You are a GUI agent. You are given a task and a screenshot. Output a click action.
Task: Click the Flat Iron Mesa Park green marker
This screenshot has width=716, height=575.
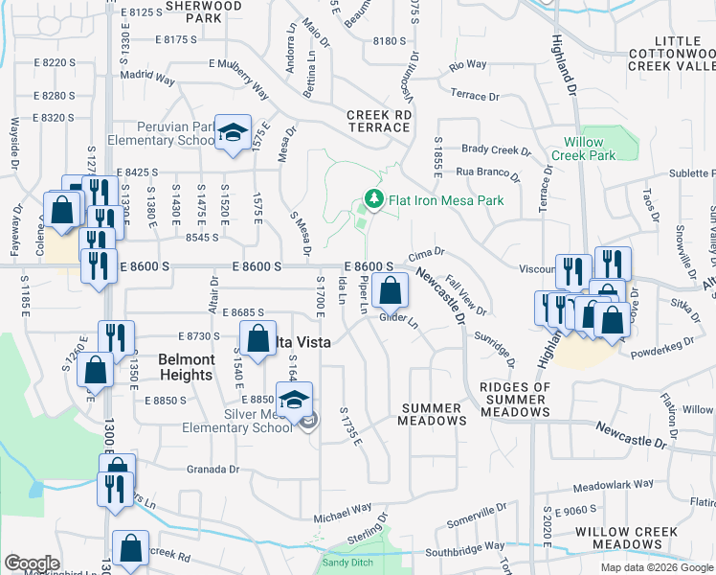point(372,199)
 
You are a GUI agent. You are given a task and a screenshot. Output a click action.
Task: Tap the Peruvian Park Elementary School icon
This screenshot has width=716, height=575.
point(231,135)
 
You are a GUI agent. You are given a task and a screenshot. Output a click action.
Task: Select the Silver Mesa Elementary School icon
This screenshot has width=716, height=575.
point(295,401)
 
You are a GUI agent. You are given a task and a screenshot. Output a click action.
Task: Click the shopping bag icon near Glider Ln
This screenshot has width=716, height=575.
point(389,290)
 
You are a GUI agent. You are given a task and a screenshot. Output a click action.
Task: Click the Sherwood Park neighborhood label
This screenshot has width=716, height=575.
point(203,11)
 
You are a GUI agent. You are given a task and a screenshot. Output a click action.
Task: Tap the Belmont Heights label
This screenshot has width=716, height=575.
point(186,367)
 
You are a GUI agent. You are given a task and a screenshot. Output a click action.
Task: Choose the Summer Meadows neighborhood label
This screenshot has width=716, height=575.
point(433,415)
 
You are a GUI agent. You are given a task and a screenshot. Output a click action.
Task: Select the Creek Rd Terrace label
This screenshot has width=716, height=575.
point(379,120)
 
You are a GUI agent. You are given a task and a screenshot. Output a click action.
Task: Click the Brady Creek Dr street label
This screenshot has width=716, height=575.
point(496,150)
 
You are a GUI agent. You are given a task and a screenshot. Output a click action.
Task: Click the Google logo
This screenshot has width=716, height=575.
point(32,563)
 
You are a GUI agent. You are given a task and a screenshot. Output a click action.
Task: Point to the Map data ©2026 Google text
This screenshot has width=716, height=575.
point(656,567)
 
